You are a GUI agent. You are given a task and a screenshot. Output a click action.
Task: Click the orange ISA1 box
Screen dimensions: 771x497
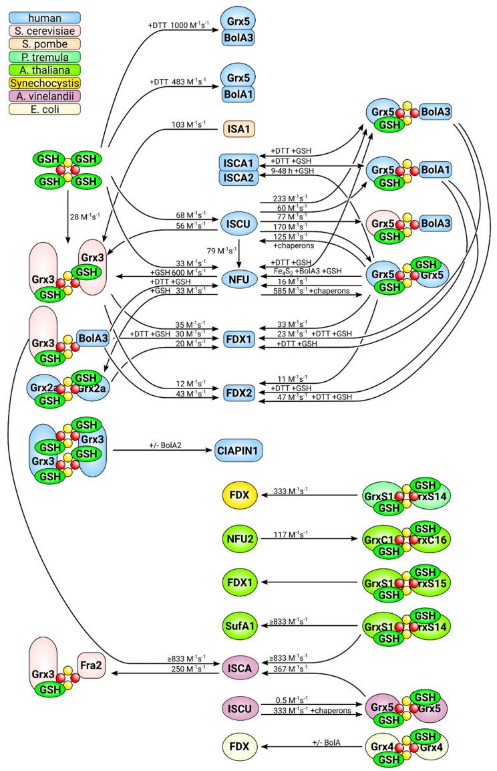pyautogui.click(x=239, y=126)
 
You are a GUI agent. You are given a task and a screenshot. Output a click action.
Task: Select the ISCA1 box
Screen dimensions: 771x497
pyautogui.click(x=238, y=162)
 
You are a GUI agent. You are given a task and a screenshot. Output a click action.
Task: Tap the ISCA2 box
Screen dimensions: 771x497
pyautogui.click(x=238, y=177)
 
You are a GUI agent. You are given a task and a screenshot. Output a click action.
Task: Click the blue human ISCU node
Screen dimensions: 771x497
pyautogui.click(x=239, y=221)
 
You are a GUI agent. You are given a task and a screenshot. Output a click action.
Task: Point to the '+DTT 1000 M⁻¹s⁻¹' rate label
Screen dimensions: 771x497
pyautogui.click(x=177, y=25)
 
